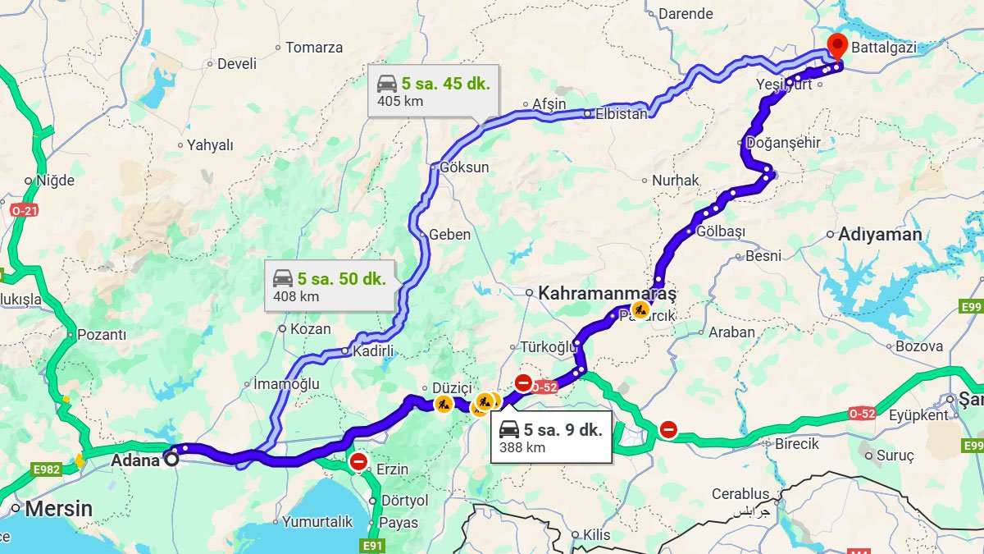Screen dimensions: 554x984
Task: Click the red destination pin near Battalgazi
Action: click(836, 45)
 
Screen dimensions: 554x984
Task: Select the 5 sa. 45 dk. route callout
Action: click(433, 90)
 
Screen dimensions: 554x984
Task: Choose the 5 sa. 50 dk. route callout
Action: click(330, 286)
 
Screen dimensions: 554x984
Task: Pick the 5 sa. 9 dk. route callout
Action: click(551, 437)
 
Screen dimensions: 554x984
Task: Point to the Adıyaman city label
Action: click(880, 235)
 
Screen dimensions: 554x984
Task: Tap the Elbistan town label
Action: click(621, 114)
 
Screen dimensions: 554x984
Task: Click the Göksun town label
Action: click(464, 167)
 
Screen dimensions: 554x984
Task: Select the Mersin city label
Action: click(58, 509)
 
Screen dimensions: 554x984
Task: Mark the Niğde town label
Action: click(55, 181)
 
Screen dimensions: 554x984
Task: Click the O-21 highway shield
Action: click(24, 211)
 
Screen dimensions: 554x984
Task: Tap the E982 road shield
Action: click(47, 469)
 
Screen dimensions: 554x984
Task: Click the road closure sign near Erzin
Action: click(358, 462)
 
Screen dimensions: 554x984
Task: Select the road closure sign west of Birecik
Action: click(668, 428)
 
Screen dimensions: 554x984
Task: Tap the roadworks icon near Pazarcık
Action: click(640, 310)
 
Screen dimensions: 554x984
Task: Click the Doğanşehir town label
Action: click(783, 143)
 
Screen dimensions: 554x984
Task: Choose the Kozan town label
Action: click(310, 329)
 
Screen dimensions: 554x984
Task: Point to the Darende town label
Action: click(686, 14)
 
